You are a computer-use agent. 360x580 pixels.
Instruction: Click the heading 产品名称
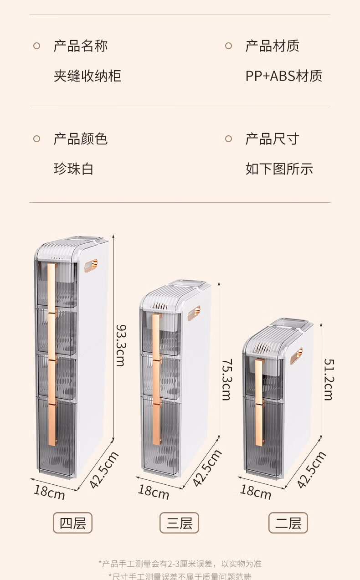(81, 46)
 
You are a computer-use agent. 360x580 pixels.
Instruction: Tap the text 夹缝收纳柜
(87, 76)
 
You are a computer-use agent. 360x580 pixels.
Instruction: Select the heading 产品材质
(273, 46)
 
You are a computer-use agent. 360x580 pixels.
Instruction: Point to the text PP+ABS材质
(284, 76)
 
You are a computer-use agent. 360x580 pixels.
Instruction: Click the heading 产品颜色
(81, 139)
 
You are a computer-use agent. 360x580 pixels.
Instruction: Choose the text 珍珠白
(74, 169)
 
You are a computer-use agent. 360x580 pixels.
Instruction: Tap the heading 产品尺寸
(273, 139)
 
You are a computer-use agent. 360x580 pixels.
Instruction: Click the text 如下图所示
(279, 169)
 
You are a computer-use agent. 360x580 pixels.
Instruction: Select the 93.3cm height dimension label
(120, 345)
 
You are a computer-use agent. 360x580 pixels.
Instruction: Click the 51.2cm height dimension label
(329, 379)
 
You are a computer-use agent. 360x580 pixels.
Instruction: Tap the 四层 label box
(73, 523)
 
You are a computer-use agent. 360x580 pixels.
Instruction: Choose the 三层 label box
(179, 523)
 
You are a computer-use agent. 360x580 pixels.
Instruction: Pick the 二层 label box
(288, 523)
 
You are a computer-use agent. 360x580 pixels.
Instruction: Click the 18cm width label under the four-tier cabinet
(49, 493)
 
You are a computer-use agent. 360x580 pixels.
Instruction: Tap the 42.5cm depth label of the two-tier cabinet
(311, 470)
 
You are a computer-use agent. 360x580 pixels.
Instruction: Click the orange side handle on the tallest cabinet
(91, 265)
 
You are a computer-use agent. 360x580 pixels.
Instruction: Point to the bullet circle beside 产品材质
(228, 46)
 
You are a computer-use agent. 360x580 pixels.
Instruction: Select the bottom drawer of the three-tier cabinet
(160, 435)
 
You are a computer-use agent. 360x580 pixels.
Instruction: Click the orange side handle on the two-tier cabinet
(297, 355)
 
